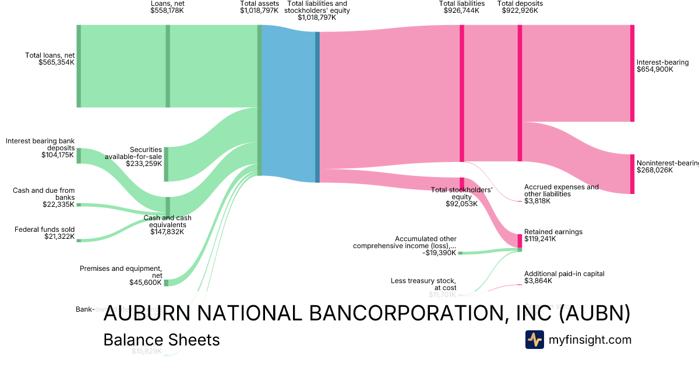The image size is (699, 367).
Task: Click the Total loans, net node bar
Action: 79,66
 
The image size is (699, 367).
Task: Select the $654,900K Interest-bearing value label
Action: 655,69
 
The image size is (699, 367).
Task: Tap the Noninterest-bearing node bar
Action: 632,174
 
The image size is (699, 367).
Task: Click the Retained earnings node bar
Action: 520,241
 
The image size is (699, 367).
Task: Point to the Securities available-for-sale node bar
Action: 166,164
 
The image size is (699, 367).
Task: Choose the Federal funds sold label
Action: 44,229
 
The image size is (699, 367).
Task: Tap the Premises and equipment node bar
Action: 166,283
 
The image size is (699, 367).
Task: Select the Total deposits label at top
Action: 520,3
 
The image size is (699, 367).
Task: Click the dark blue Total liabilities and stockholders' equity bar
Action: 317,107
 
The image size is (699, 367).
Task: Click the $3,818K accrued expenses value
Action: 537,201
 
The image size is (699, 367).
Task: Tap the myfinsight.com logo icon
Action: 534,340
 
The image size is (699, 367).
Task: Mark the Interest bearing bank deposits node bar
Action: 79,156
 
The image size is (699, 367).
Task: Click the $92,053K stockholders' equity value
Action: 461,204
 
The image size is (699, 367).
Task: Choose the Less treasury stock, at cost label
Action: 423,284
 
